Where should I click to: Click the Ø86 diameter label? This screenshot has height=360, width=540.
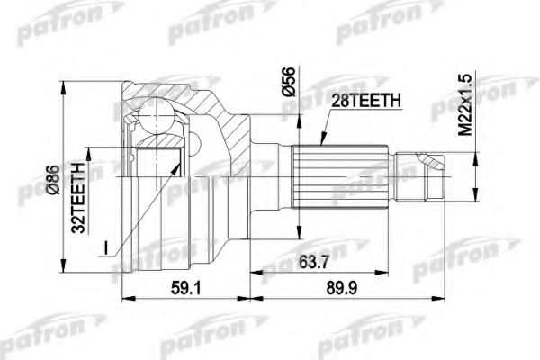tap(54, 180)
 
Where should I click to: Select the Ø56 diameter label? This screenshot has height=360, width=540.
tap(288, 82)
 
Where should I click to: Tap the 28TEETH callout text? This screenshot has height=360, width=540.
tap(365, 101)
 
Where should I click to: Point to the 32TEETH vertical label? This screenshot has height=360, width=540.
tap(77, 198)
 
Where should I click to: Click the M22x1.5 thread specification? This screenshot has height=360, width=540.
tap(465, 106)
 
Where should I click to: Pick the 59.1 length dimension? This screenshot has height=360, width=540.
tap(185, 288)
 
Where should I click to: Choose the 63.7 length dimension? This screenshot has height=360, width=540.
tap(313, 263)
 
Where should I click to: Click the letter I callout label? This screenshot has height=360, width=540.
tap(106, 248)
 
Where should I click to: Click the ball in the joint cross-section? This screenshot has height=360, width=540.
tap(156, 115)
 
